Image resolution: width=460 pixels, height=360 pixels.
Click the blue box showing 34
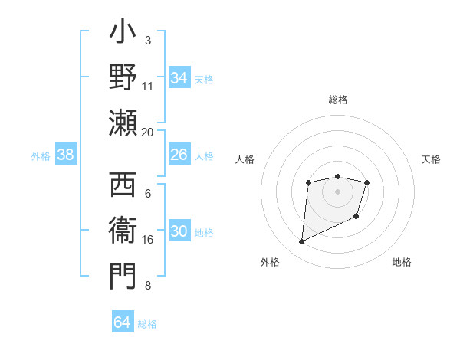[179, 78]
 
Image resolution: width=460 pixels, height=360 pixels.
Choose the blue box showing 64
[122, 322]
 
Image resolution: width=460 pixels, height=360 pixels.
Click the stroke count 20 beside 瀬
[148, 133]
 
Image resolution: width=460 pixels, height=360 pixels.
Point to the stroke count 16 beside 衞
[148, 240]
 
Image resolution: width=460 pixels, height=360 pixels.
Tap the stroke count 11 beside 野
[148, 87]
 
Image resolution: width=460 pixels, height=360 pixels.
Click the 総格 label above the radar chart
[337, 100]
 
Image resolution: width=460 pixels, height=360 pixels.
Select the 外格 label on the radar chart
[270, 262]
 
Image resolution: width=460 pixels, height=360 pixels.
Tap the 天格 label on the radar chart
[432, 159]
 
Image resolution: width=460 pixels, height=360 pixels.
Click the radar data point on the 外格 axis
[301, 242]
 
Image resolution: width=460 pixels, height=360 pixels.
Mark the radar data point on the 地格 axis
[356, 217]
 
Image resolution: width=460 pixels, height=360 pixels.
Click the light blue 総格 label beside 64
[147, 323]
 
